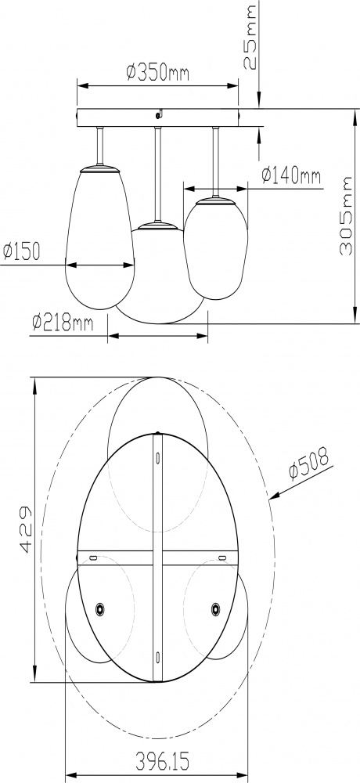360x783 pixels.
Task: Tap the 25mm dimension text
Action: pyautogui.click(x=250, y=37)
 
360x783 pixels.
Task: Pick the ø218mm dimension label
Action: pyautogui.click(x=63, y=321)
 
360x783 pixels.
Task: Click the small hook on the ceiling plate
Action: pyautogui.click(x=159, y=114)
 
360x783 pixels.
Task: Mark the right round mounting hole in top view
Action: pyautogui.click(x=215, y=607)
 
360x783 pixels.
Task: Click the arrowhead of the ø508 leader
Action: pyautogui.click(x=272, y=496)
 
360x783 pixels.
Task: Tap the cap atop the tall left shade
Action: pyautogui.click(x=99, y=167)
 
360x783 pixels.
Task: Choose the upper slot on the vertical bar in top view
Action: pyautogui.click(x=157, y=456)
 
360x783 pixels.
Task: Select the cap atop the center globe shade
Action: pyautogui.click(x=157, y=226)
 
